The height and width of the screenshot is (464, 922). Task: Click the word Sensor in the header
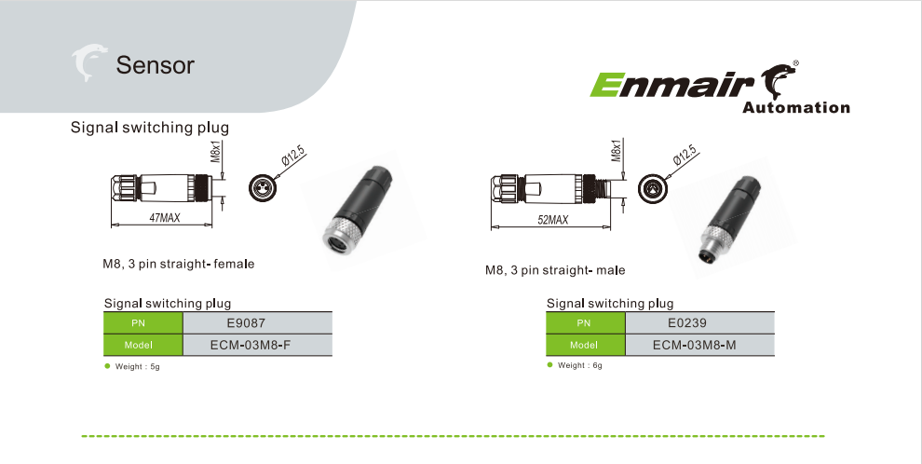click(x=155, y=65)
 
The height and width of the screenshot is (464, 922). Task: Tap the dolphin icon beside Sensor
click(x=90, y=63)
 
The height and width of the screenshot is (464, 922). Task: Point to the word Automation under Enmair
click(x=796, y=108)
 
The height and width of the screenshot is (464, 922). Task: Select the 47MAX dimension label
click(x=164, y=218)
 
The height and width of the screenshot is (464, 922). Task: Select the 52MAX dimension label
click(x=552, y=220)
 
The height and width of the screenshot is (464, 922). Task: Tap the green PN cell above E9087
click(x=139, y=324)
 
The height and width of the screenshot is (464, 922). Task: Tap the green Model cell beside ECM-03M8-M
click(x=584, y=346)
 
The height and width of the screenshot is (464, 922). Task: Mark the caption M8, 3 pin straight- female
click(x=179, y=265)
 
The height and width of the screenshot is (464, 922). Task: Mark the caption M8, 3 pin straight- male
click(x=555, y=270)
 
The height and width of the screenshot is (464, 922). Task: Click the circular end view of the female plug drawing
click(x=264, y=187)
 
